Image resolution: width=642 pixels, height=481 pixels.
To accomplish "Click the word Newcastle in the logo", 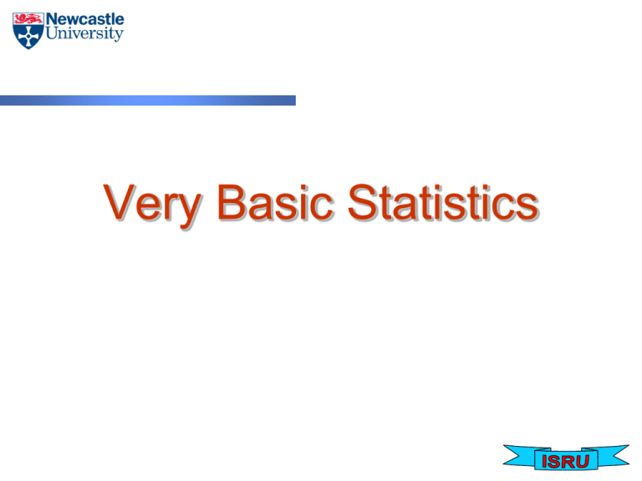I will [x=84, y=19].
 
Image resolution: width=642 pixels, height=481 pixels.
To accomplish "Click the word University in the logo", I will [x=84, y=34].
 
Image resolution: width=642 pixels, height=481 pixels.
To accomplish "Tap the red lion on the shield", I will [x=27, y=18].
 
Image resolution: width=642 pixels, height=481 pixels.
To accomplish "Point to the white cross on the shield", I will [x=27, y=35].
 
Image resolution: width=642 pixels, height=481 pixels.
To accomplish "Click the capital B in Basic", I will [x=232, y=202].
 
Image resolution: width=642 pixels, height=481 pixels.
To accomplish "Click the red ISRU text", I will [x=566, y=461].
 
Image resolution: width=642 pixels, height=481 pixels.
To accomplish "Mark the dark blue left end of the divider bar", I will [x=7, y=100].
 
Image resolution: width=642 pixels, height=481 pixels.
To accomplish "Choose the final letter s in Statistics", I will [x=526, y=206].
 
